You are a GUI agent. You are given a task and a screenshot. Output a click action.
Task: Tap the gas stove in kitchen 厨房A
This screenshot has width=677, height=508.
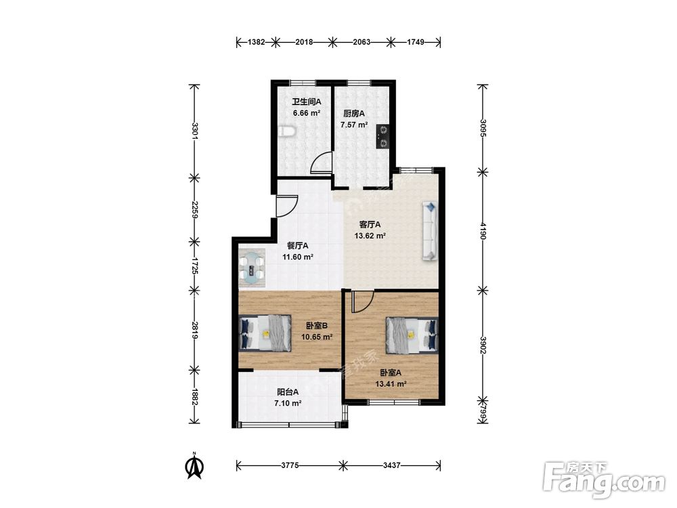[383, 136]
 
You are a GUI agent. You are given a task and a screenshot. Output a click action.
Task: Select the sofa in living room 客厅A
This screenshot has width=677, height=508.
[430, 231]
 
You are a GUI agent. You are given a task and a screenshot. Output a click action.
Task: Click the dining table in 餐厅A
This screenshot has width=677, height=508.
[252, 268]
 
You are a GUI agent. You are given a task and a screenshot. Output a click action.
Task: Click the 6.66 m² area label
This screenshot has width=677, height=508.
[307, 113]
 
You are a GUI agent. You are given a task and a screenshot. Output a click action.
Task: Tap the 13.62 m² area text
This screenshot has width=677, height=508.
[370, 236]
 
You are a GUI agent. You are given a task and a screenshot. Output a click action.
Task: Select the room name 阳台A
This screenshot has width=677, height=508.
[288, 392]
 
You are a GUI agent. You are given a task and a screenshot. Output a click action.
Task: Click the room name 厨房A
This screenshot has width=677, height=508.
[354, 114]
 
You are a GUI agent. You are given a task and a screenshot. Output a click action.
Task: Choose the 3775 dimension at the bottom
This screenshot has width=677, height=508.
[290, 466]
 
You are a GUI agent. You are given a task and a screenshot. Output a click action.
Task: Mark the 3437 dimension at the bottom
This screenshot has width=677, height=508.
[391, 466]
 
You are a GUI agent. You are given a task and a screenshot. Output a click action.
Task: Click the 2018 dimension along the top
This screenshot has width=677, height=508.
[304, 42]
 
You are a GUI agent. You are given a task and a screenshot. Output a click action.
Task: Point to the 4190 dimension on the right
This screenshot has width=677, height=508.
[483, 232]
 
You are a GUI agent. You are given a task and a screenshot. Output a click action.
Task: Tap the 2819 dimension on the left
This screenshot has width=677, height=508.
[195, 331]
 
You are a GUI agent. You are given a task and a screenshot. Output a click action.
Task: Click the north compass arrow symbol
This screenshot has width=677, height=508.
[195, 466]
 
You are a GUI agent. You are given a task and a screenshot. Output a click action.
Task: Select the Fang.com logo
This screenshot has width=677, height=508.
[604, 480]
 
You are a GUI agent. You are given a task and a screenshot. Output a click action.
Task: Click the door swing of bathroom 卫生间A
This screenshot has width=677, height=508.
[320, 162]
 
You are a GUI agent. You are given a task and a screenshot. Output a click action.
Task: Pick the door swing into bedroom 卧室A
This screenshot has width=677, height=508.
[362, 301]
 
